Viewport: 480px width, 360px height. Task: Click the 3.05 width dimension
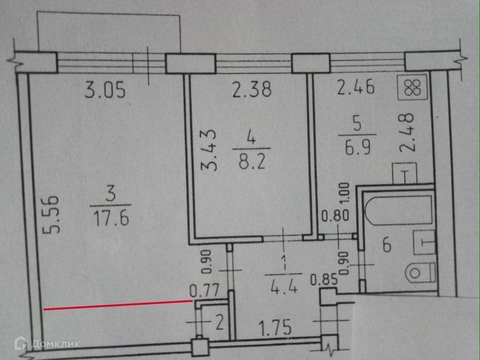tap(105, 91)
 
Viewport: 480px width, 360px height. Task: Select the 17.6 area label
tap(111, 218)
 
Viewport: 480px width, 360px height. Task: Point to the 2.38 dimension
tap(251, 91)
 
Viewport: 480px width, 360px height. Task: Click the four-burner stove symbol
tap(413, 87)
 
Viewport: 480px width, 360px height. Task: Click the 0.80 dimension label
tap(334, 218)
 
